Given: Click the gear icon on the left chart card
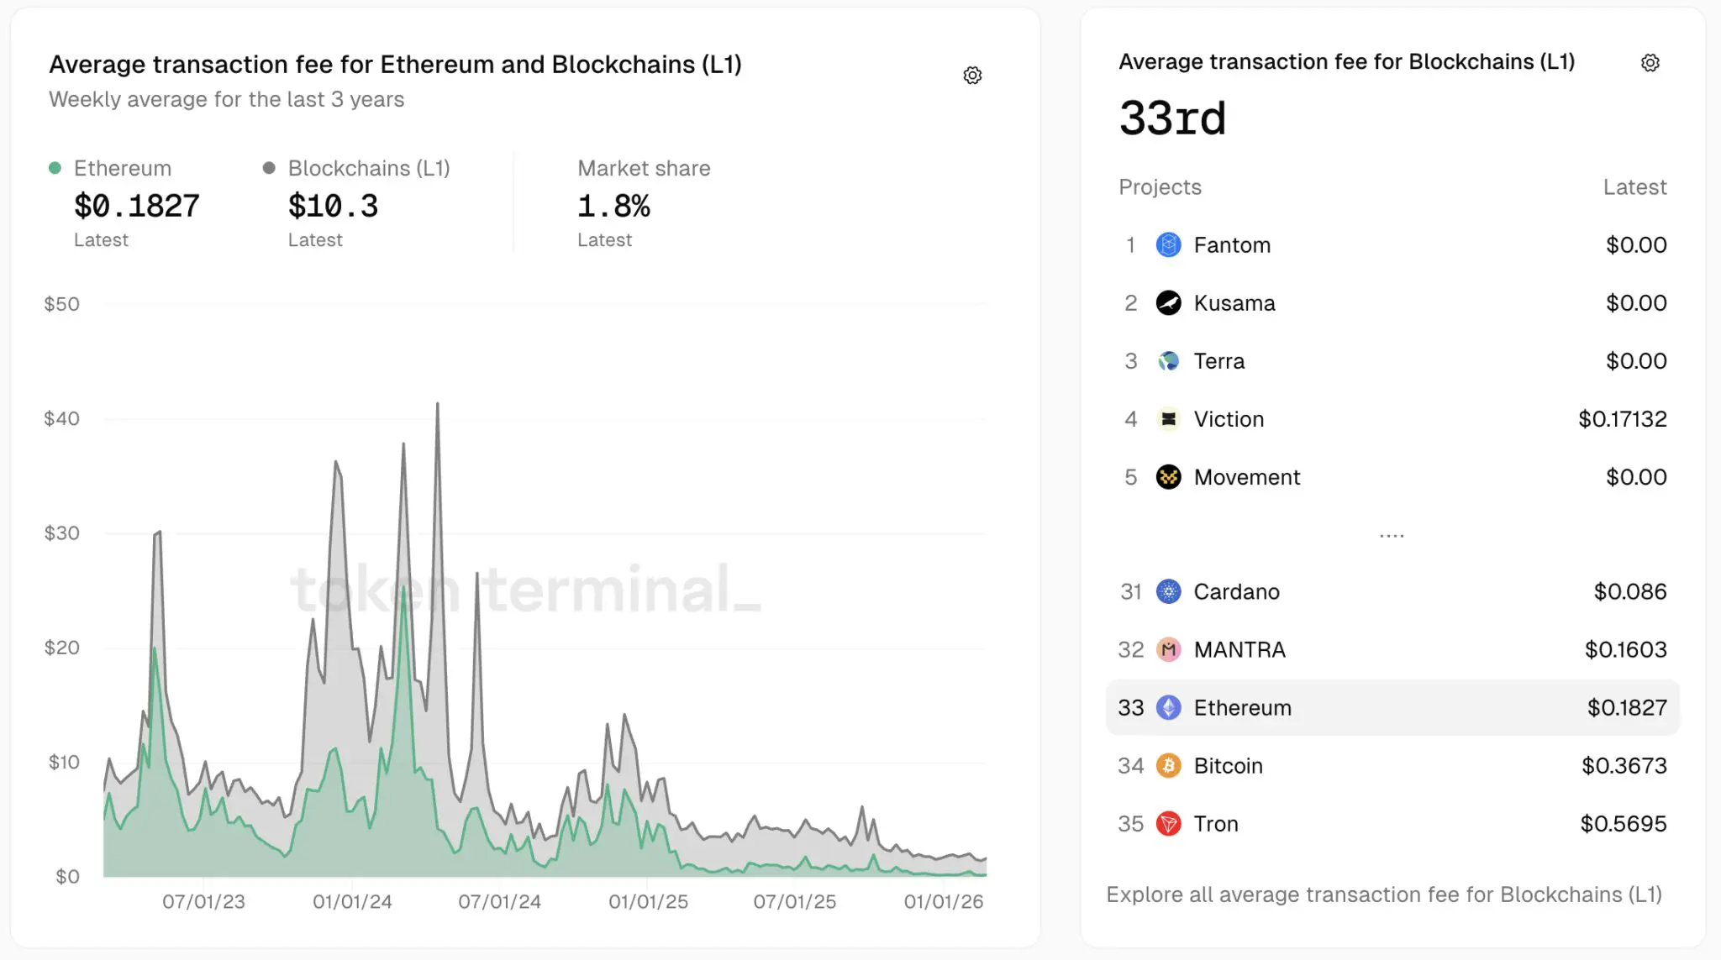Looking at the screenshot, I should [972, 76].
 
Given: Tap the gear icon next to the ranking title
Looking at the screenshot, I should [1650, 63].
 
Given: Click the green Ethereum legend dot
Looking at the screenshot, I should [55, 168].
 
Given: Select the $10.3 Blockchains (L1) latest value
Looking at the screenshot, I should [333, 206].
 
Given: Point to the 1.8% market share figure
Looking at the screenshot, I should [613, 206].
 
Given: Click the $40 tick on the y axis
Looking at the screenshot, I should [61, 418].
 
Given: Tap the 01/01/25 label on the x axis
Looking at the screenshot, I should [648, 901].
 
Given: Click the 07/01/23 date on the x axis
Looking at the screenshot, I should [203, 901].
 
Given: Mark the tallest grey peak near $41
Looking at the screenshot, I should [437, 406].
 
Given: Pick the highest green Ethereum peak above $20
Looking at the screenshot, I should [404, 588].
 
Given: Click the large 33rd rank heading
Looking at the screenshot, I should [1172, 118].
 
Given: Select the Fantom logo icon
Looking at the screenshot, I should [1168, 245].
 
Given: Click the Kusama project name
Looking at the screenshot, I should [1234, 303].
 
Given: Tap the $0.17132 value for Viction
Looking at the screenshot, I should [1622, 419].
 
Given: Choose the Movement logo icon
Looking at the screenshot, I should [1168, 477].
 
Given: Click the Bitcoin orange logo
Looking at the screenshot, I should [1168, 766].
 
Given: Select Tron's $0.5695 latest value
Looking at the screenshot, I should [1623, 824].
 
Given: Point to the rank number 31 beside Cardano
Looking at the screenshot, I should [1130, 592].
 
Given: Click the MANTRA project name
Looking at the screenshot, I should [1239, 650].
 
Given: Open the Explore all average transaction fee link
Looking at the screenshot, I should [1383, 894].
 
